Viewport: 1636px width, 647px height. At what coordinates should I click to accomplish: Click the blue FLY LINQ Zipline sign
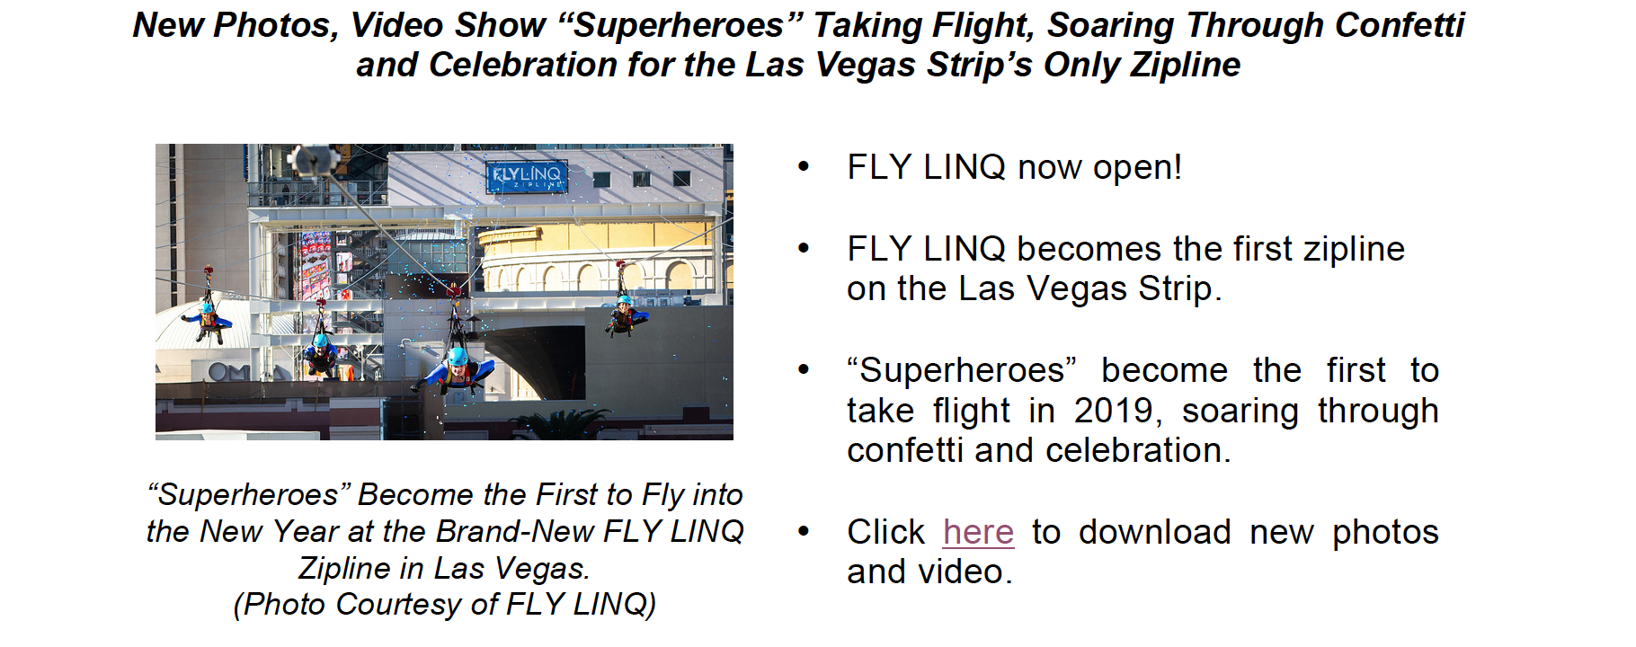coord(527,176)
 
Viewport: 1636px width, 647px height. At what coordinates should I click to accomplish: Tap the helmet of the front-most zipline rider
coord(458,357)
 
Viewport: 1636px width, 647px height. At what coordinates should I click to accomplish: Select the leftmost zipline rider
coord(208,319)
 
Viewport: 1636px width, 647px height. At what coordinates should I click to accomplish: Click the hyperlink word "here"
coord(978,532)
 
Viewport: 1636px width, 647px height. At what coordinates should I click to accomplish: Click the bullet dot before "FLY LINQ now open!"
coord(803,167)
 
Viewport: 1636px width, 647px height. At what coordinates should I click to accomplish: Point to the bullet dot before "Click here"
coord(803,532)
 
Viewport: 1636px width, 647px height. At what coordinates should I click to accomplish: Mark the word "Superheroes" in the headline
coord(680,25)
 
